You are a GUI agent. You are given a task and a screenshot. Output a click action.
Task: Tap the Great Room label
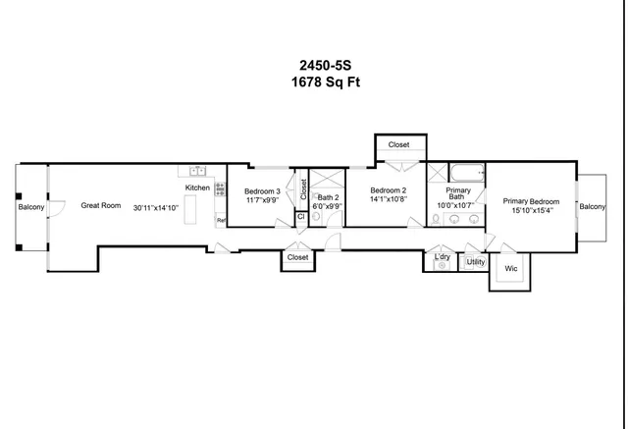tap(100, 206)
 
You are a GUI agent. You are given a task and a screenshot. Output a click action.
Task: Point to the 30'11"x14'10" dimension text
tap(157, 207)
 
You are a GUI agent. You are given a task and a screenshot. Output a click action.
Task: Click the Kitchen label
tap(198, 188)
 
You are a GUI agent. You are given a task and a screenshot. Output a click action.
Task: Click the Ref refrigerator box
tap(221, 221)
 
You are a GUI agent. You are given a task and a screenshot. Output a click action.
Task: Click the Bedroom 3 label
tap(262, 190)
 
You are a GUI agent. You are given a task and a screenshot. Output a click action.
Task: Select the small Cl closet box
tap(300, 217)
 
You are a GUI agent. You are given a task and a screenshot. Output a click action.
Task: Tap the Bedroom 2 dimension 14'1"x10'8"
tap(388, 199)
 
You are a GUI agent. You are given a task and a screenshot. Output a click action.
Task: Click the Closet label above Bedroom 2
tap(398, 145)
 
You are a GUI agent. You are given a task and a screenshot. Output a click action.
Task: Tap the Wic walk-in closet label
tap(510, 267)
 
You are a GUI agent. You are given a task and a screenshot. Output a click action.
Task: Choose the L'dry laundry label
tap(443, 257)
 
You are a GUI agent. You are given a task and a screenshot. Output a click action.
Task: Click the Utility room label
tap(475, 262)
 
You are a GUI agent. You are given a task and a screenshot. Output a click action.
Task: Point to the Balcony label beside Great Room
tap(31, 207)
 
